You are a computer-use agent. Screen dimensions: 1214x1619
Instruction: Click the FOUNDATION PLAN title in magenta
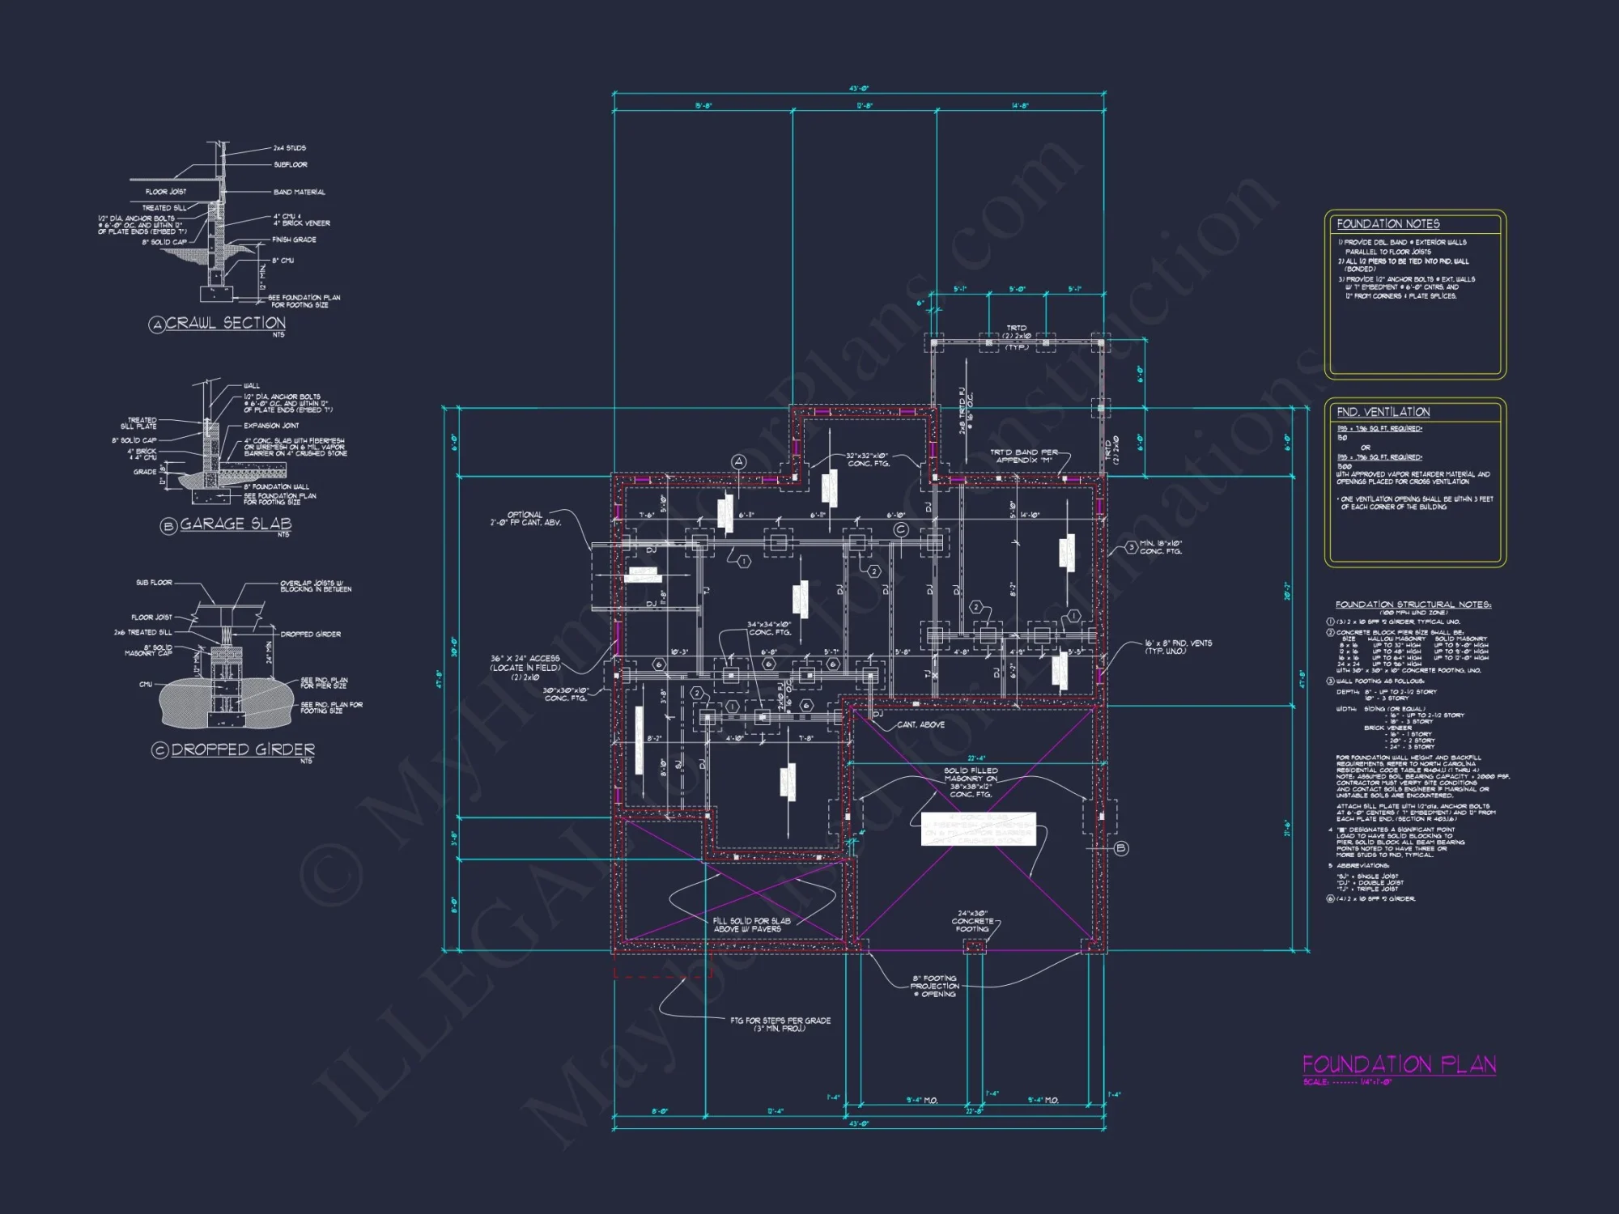click(x=1399, y=1064)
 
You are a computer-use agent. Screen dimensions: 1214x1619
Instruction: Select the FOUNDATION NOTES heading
click(x=1387, y=224)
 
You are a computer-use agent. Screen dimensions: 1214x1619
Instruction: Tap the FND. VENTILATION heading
click(x=1383, y=412)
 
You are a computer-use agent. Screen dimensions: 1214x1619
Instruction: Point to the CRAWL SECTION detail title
click(x=226, y=323)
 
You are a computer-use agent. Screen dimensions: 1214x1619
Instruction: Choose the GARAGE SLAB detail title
click(x=235, y=524)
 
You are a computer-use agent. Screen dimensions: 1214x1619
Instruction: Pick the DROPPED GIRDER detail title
click(x=243, y=749)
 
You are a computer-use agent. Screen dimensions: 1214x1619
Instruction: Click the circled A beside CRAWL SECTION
click(x=157, y=325)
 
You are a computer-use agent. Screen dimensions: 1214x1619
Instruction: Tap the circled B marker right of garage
click(x=1121, y=848)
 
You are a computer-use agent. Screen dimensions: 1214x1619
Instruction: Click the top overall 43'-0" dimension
click(x=859, y=88)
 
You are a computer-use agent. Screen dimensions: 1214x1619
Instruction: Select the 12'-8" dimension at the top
click(x=865, y=106)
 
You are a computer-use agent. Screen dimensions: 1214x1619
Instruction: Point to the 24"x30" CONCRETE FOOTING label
click(x=972, y=921)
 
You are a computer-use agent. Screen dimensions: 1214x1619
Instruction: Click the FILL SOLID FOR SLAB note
click(x=750, y=925)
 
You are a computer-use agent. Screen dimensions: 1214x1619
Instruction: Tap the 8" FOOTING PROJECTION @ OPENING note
click(x=935, y=986)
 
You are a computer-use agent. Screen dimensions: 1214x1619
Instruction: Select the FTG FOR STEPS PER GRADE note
click(x=780, y=1024)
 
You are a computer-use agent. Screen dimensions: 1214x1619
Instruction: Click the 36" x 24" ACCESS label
click(x=525, y=664)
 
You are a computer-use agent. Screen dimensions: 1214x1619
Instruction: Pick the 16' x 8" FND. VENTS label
click(x=1177, y=647)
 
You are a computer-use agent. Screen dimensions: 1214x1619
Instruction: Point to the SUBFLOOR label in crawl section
click(x=290, y=165)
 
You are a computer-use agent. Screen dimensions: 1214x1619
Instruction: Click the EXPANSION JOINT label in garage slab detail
click(x=271, y=426)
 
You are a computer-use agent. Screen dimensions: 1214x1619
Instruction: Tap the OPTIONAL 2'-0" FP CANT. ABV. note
click(x=525, y=519)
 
